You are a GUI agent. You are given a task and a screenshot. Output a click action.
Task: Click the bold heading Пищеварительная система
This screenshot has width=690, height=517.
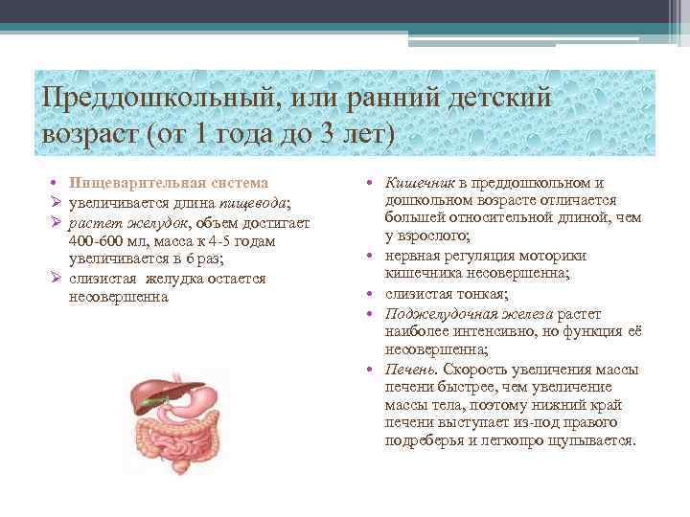pyautogui.click(x=169, y=182)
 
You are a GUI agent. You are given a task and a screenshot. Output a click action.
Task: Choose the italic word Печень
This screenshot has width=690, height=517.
pyautogui.click(x=406, y=370)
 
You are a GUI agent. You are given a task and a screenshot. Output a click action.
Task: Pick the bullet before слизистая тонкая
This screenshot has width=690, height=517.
pyautogui.click(x=368, y=294)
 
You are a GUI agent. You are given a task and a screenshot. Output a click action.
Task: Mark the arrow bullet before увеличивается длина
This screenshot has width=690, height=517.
pyautogui.click(x=57, y=202)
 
